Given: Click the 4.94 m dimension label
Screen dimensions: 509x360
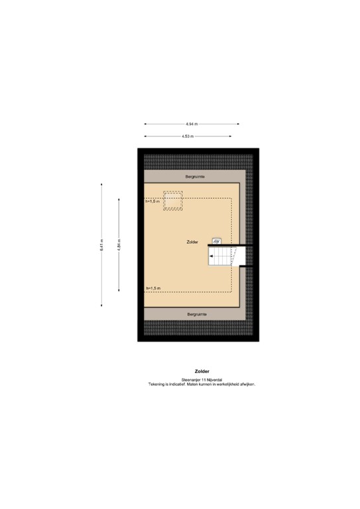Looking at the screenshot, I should (192, 124).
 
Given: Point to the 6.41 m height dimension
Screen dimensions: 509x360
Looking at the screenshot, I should (101, 245).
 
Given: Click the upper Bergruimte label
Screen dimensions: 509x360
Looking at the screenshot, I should (194, 177).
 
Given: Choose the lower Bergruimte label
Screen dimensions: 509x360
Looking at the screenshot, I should (197, 313).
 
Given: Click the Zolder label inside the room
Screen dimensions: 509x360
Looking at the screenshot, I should (193, 243).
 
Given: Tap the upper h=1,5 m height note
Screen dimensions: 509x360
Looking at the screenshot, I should (153, 201).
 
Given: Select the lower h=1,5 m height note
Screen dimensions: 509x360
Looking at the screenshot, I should (154, 288).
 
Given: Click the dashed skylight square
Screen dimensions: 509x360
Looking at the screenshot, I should (174, 201).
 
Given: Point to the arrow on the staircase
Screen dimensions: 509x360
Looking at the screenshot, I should (213, 255).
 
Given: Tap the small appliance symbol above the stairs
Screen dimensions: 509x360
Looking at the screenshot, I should (216, 242).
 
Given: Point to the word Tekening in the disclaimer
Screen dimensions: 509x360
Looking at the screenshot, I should (159, 384).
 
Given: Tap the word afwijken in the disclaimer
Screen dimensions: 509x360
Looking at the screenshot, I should (246, 384).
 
